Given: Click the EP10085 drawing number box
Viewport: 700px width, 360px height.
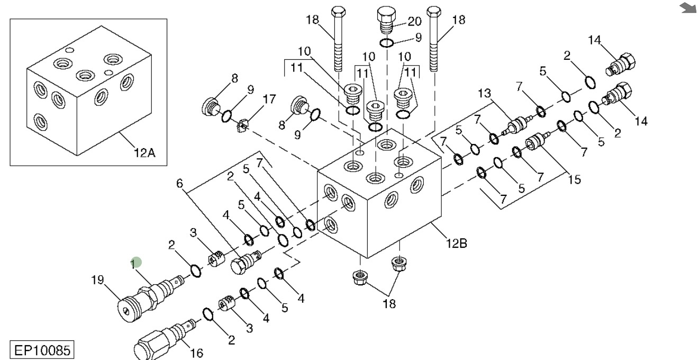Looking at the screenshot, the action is [42, 350].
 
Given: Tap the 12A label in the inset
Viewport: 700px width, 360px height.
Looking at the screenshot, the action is [144, 153].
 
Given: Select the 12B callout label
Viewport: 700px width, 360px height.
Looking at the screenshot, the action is [456, 244].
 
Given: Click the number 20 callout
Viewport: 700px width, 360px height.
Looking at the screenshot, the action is [414, 21].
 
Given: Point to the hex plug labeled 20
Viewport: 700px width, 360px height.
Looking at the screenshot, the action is [387, 20].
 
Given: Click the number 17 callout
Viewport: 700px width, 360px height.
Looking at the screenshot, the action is [269, 99].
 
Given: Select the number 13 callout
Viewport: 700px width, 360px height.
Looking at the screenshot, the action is [484, 93].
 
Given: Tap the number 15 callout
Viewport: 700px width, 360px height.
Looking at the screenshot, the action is [575, 179].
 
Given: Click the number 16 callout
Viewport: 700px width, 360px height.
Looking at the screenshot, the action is [197, 353].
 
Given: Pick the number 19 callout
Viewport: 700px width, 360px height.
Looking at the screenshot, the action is [97, 280].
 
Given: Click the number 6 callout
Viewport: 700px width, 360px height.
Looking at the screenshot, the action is [179, 183].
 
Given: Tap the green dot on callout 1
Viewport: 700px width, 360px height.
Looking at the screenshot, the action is [137, 262].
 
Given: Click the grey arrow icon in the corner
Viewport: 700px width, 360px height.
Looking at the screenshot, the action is [688, 7].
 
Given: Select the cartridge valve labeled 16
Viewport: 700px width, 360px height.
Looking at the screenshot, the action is [165, 337].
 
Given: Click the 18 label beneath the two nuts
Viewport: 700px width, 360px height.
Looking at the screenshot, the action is [389, 303].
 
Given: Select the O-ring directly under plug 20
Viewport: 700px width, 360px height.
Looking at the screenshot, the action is [387, 42].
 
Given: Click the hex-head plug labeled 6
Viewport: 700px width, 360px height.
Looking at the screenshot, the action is [246, 262].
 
